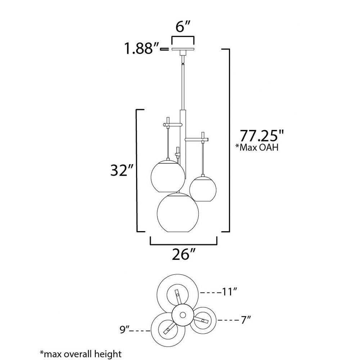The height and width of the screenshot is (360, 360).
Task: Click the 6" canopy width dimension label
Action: point(183,27)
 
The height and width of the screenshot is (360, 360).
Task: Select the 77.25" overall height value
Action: point(262,136)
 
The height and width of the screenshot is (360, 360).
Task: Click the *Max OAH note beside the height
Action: point(257,147)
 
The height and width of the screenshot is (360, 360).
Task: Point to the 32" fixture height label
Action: point(122,171)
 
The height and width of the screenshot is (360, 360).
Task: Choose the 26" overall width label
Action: point(184,254)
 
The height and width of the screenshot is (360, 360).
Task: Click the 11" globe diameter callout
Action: point(229,292)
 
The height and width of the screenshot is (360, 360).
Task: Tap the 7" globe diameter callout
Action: point(246,320)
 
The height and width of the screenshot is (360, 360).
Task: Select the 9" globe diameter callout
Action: point(124,330)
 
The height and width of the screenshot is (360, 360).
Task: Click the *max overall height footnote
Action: point(81,354)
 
